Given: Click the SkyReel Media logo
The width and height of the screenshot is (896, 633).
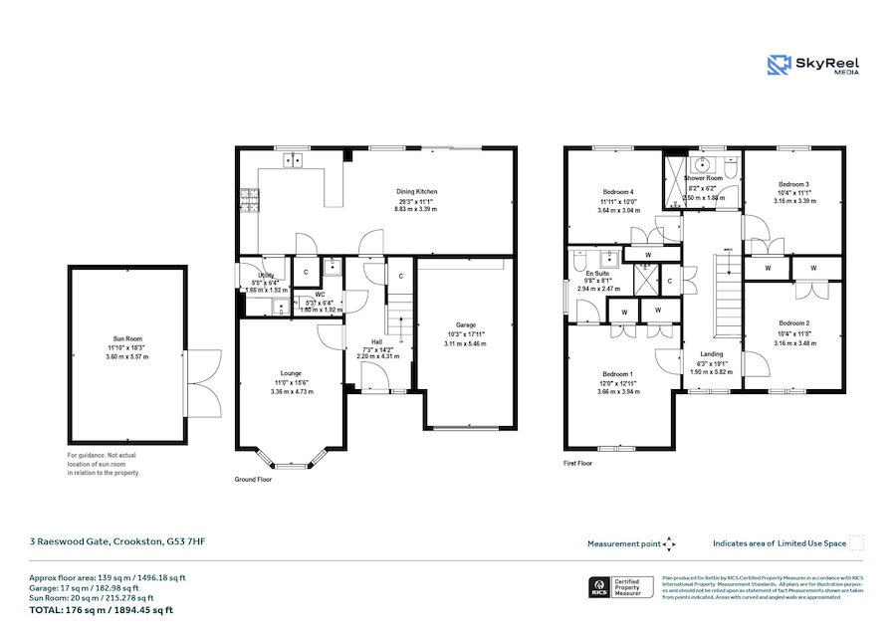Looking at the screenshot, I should click(813, 66).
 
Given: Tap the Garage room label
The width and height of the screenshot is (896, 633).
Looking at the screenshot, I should click(466, 324).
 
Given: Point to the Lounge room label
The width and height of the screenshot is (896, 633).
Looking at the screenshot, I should click(292, 373).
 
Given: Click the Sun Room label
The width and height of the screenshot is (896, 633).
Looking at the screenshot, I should click(125, 338).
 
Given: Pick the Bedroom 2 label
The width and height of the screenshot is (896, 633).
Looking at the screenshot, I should click(793, 323).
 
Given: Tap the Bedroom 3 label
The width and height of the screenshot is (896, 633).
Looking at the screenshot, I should click(793, 184).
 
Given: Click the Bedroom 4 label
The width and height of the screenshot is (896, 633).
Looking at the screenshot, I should click(618, 191).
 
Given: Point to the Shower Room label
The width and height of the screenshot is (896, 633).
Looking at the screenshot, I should click(703, 178).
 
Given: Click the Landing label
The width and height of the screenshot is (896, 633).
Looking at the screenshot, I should click(712, 354).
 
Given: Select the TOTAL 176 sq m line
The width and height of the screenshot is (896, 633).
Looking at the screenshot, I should click(102, 610).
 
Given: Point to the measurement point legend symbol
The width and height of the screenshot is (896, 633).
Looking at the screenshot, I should click(669, 543).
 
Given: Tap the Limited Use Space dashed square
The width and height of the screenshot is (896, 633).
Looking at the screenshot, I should click(855, 542).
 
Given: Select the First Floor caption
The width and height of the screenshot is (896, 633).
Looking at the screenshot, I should click(578, 463).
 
